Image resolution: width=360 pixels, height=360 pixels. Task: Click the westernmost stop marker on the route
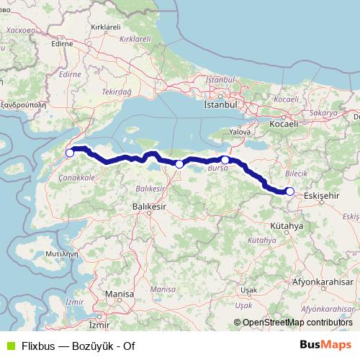(x=70, y=153)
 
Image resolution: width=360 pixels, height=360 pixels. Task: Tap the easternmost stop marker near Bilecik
(x=289, y=191)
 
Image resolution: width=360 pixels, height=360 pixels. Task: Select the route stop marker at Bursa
(x=225, y=160)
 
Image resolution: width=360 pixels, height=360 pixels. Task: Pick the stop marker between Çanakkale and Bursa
(x=179, y=164)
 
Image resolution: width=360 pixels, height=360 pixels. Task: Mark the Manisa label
(x=119, y=295)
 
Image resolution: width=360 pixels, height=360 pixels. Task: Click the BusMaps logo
(x=325, y=345)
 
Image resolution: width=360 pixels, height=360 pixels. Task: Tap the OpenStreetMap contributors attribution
(x=293, y=323)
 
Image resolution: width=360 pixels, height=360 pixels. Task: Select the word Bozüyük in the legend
(x=86, y=346)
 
